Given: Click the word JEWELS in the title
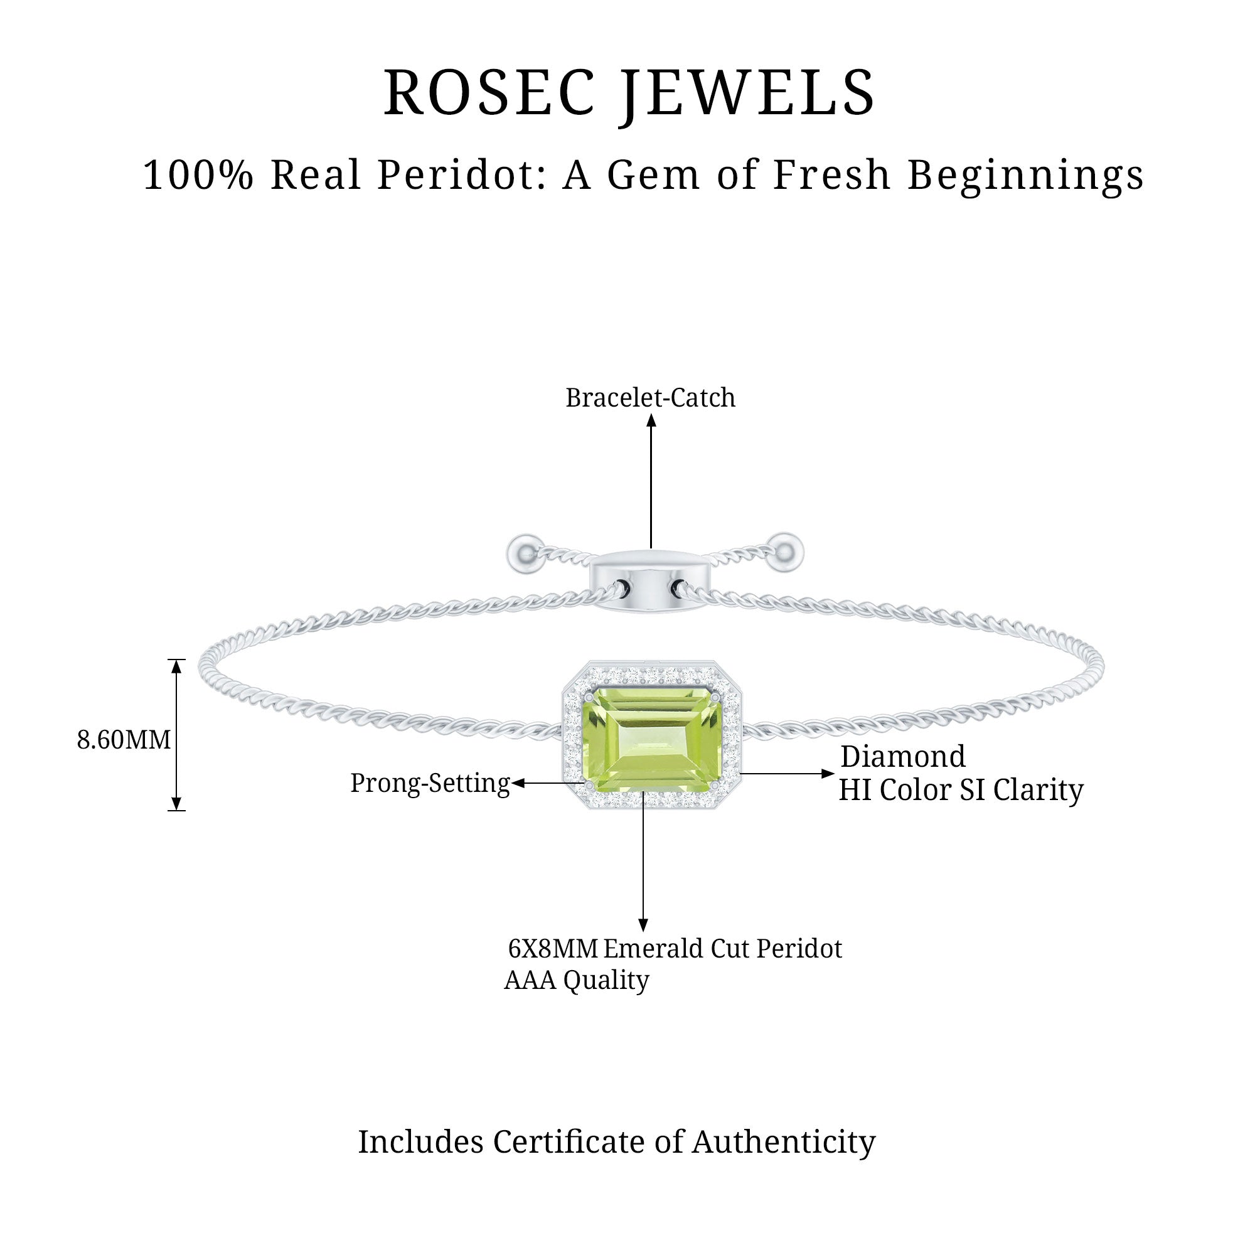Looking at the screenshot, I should [x=746, y=94].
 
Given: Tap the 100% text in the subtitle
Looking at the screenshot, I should [x=198, y=176].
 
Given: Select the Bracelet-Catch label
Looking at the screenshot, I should [x=650, y=398].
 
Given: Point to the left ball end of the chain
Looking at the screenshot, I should [x=524, y=554].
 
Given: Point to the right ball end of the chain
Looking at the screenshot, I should [x=786, y=552].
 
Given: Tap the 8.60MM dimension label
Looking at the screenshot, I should [x=124, y=740].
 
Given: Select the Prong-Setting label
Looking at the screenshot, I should [x=430, y=782].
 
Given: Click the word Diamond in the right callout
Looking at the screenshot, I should [x=903, y=757].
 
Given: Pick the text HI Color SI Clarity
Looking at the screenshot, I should [x=961, y=790].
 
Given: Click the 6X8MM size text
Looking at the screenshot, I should [x=552, y=949].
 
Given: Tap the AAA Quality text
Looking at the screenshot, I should [x=576, y=980].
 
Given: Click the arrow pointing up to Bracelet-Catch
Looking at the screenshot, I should [x=651, y=481].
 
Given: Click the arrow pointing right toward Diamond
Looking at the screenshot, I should [x=788, y=774].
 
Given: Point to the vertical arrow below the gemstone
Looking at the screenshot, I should [x=643, y=864].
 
